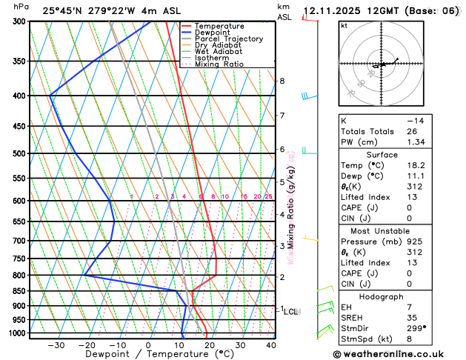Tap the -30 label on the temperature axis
click(56, 345)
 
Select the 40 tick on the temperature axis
click(271, 345)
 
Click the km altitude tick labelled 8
click(282, 81)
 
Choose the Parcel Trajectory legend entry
click(228, 39)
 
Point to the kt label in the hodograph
click(344, 26)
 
